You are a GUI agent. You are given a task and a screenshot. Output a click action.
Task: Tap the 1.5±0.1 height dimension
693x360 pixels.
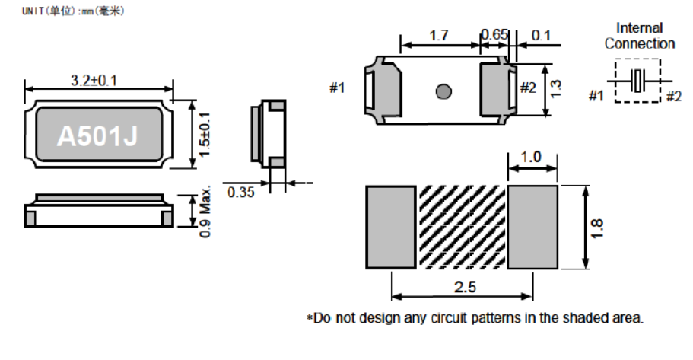(204, 134)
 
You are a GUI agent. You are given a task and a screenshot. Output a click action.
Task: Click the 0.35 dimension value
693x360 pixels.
(241, 192)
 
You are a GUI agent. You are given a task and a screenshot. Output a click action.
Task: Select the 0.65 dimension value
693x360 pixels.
(494, 36)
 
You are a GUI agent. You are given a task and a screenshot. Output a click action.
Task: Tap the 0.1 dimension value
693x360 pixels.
(542, 36)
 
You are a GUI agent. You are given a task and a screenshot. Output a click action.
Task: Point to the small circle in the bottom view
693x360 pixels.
(443, 91)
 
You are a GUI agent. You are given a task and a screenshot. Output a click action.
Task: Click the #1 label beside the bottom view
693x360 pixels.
(337, 88)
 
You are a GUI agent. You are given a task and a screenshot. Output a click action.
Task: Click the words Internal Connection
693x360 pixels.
(640, 36)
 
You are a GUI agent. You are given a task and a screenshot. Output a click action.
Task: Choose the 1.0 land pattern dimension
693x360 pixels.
(532, 157)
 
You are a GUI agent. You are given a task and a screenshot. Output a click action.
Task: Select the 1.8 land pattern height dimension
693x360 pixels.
(597, 227)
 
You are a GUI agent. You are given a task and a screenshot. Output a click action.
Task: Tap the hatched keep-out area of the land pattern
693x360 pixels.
(463, 226)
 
